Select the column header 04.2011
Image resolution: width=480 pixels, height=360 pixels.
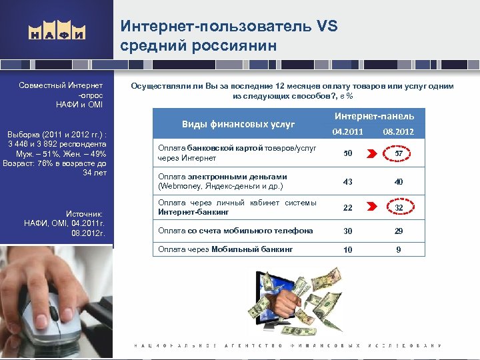pyautogui.click(x=348, y=131)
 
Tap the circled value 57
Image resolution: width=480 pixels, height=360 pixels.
pyautogui.click(x=398, y=154)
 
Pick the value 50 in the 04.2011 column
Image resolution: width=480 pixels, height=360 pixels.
pyautogui.click(x=348, y=154)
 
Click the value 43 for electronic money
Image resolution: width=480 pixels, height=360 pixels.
pyautogui.click(x=348, y=181)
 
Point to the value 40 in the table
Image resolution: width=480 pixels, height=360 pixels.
pyautogui.click(x=397, y=181)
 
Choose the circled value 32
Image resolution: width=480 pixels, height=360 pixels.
pyautogui.click(x=398, y=207)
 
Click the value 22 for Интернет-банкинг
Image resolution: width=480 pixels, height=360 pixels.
pyautogui.click(x=348, y=207)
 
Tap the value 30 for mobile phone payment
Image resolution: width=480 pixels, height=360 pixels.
pyautogui.click(x=348, y=231)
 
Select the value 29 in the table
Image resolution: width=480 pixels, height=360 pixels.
pyautogui.click(x=397, y=231)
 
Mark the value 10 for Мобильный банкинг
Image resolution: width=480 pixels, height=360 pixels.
pyautogui.click(x=348, y=250)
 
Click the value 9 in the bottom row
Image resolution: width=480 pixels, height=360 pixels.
pyautogui.click(x=397, y=250)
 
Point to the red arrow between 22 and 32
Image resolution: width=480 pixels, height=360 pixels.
pyautogui.click(x=374, y=207)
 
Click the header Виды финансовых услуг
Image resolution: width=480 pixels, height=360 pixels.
pyautogui.click(x=239, y=123)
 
